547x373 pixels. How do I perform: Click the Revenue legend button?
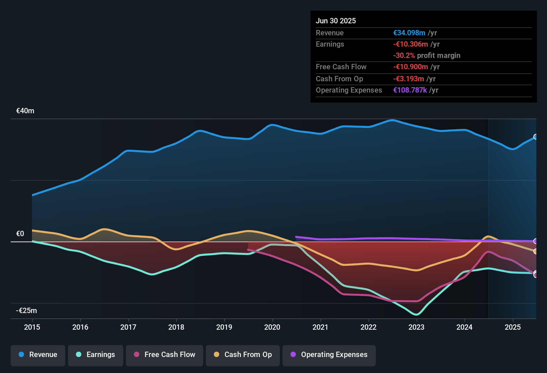[38, 355]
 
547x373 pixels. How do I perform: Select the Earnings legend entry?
[96, 355]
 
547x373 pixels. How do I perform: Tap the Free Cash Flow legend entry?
[165, 355]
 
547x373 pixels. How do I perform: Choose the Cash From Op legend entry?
[243, 355]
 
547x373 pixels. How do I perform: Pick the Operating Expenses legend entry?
[329, 355]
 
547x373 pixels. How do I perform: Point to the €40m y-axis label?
[25, 111]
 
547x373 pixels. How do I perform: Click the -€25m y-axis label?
[27, 311]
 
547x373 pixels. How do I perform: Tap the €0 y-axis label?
[20, 234]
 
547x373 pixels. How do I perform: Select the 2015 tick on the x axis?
[32, 327]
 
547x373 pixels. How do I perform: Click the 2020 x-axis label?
[272, 327]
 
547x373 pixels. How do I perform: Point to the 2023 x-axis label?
[416, 327]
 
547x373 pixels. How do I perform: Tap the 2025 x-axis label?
[512, 327]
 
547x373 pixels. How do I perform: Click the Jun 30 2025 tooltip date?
[336, 21]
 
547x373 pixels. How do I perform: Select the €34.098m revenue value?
[409, 33]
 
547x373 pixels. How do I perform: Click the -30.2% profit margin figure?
[404, 56]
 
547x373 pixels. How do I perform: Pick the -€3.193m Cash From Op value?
[408, 79]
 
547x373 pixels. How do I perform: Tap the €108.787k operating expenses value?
[410, 90]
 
